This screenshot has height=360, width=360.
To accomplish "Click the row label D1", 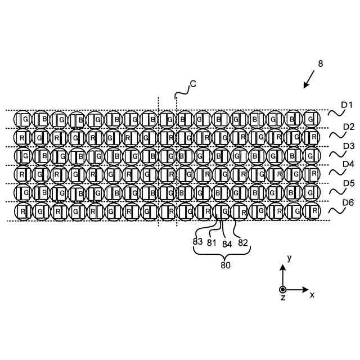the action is point(347,105).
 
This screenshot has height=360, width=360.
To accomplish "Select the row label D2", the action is point(349,127).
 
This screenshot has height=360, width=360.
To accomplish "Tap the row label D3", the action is point(349,146).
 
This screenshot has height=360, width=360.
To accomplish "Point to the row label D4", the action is point(349,165).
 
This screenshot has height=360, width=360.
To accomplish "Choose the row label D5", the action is point(349,183).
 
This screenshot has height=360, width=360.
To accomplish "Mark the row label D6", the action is point(349,202).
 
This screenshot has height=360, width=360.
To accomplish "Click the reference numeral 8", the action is point(320,64).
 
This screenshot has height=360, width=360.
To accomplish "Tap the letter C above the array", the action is point(193,84).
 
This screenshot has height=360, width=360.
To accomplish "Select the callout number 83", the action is point(197,241).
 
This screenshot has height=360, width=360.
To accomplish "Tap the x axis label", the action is point(312,294).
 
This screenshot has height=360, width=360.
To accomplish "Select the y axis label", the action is point(289,258).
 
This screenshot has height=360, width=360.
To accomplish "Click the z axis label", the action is point(283,298).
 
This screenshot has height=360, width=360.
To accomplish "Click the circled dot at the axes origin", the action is point(283,290).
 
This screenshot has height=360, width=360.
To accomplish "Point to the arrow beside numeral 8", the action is point(309,80).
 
